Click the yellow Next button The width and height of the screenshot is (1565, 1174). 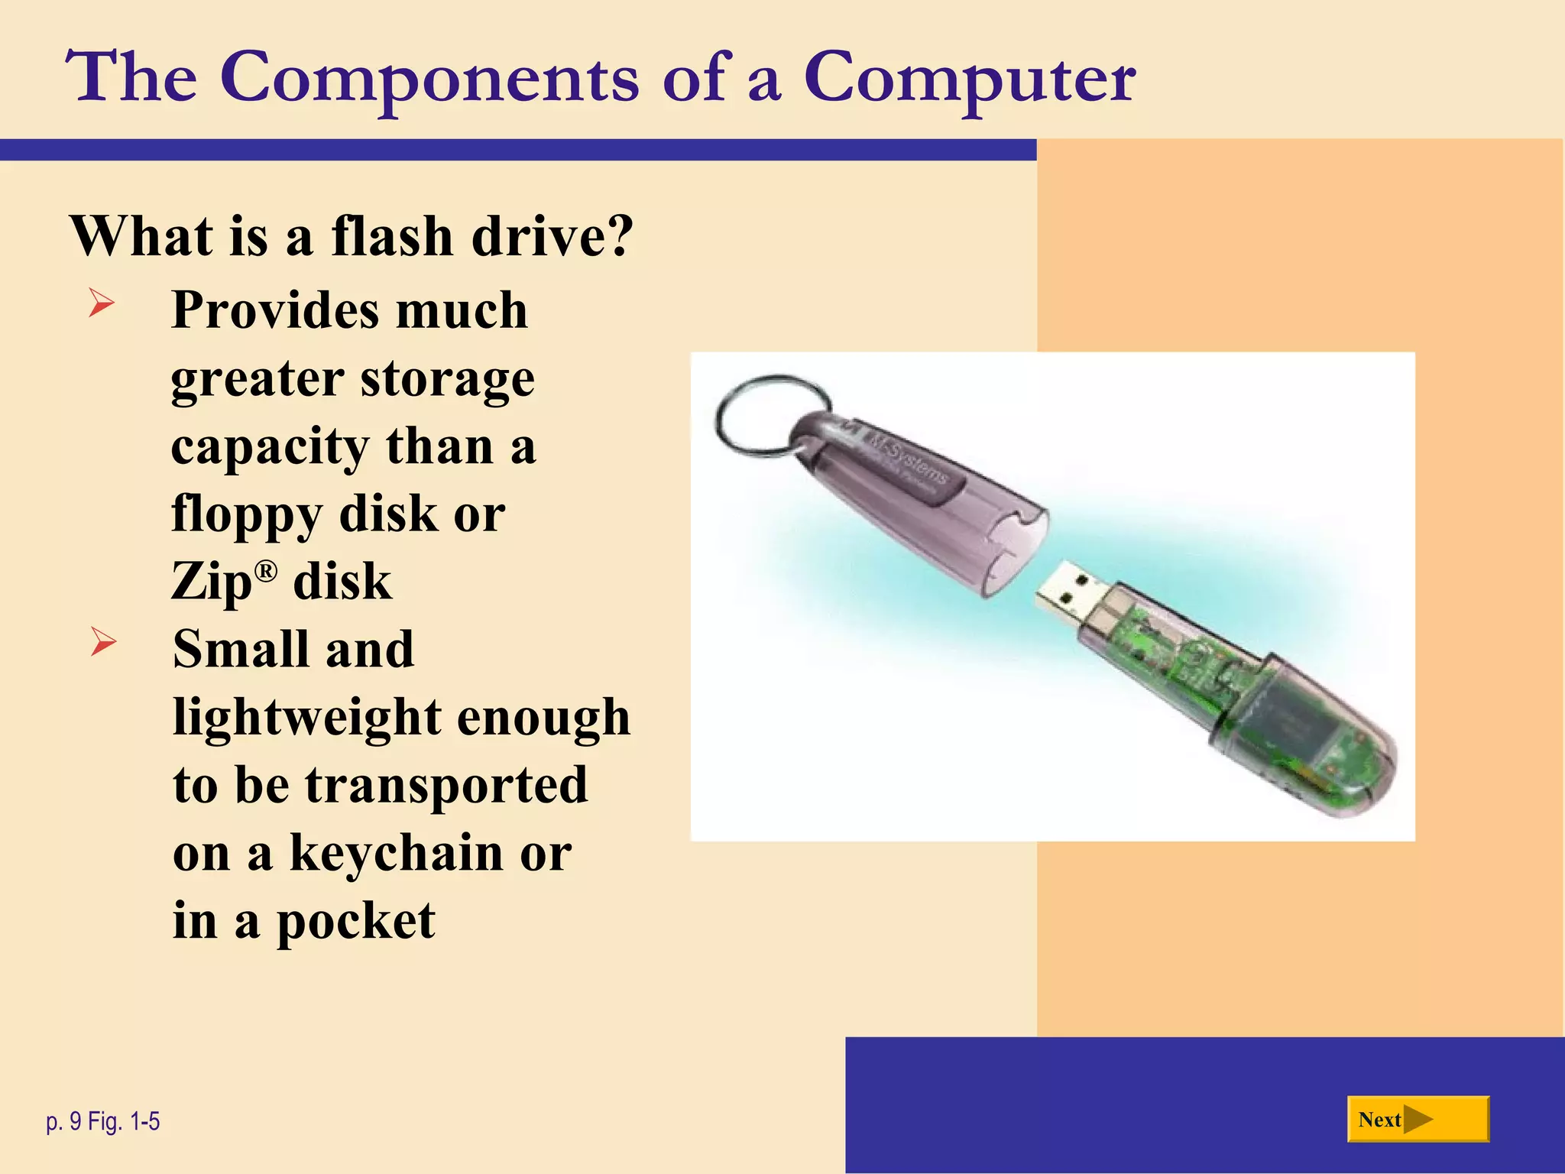1418,1120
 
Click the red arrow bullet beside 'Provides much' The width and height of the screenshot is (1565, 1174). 101,303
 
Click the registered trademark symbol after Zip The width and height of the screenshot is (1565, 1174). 265,570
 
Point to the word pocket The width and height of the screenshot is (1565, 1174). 355,922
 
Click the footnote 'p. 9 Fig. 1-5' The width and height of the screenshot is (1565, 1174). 103,1121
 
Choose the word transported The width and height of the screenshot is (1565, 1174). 446,786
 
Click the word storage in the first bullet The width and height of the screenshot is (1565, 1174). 447,379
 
